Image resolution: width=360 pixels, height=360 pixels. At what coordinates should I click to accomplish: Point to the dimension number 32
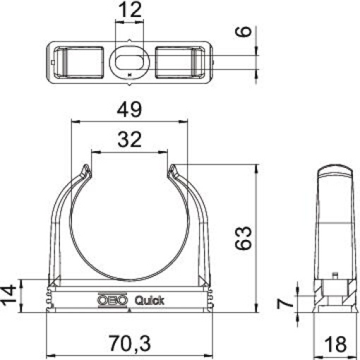pos(128,140)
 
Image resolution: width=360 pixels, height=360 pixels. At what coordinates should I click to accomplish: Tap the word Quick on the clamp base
pos(149,300)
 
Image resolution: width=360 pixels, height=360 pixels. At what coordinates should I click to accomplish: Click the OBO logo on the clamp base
pos(109,300)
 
